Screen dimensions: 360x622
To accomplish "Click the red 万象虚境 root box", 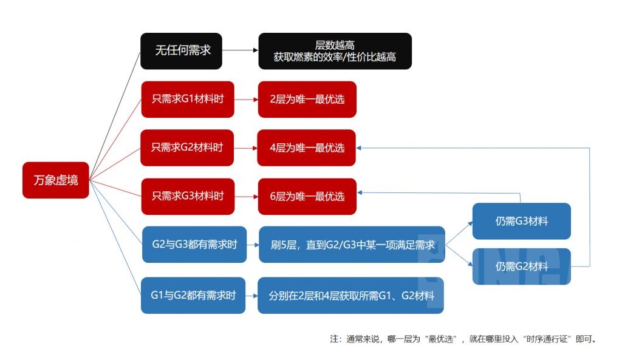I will click(x=56, y=180).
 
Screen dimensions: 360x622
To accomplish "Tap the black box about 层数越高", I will click(x=335, y=51).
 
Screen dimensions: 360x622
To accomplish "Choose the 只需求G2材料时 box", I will click(x=187, y=148).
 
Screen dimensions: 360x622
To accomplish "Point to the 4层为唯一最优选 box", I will click(x=306, y=148).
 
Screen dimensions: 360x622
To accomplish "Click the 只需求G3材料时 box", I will click(x=187, y=196).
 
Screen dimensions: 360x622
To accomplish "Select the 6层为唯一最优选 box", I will click(x=306, y=196).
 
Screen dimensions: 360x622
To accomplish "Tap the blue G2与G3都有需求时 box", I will click(x=194, y=244).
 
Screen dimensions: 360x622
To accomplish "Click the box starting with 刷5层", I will click(x=352, y=244).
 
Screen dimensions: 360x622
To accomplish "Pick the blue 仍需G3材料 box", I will click(x=521, y=221).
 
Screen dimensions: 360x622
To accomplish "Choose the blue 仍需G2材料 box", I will click(x=521, y=267).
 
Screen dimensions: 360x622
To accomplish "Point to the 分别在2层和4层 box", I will click(x=350, y=296).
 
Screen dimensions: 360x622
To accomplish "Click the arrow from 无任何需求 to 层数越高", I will click(x=240, y=51).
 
